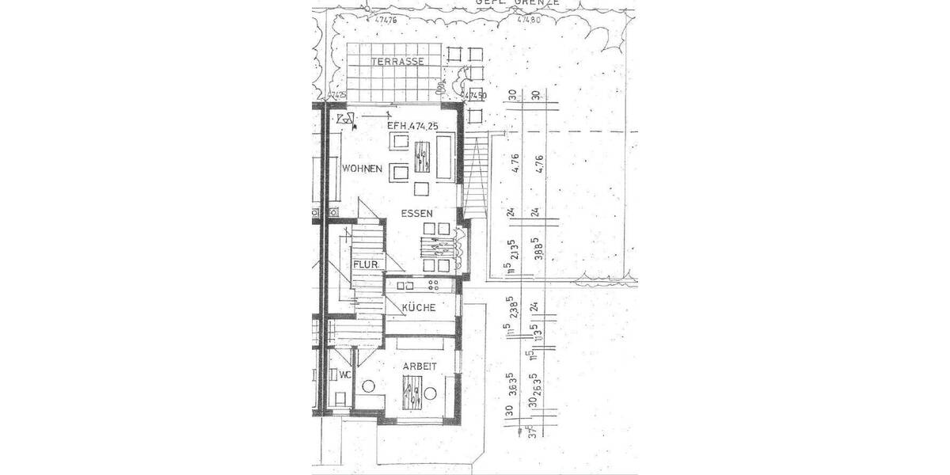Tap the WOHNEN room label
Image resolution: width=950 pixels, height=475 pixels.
[363, 169]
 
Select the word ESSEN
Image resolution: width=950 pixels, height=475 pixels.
[417, 214]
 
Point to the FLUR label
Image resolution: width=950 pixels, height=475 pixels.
[365, 264]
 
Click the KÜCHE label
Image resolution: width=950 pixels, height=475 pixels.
[418, 307]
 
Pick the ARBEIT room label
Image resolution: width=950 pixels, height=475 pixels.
[420, 367]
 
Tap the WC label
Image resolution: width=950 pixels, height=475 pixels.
[344, 374]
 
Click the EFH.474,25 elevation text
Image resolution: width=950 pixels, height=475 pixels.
[412, 126]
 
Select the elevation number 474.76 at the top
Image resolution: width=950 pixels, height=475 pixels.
[386, 21]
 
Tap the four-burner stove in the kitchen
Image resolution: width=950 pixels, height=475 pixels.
[434, 284]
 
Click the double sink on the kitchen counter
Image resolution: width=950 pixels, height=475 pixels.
[406, 285]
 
